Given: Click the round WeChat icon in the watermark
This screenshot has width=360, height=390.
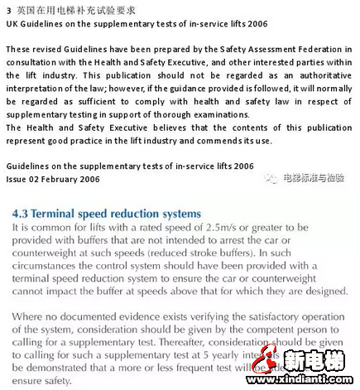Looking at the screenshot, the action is click(272, 177).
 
